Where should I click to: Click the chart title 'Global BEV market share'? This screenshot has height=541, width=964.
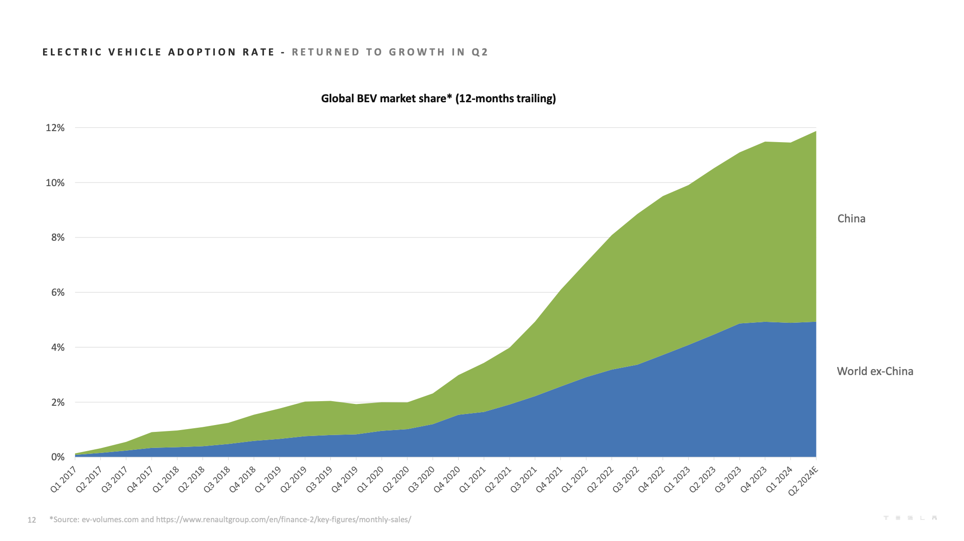tap(438, 99)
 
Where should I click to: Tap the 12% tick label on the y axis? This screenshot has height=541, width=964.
tap(55, 128)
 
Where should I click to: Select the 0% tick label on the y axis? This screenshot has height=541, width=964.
tap(57, 457)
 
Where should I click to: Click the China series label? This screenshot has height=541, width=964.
tap(851, 219)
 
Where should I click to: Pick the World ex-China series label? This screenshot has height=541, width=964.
tap(875, 371)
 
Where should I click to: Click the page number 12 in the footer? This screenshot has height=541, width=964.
tap(32, 520)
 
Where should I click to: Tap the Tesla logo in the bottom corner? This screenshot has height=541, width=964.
tap(909, 518)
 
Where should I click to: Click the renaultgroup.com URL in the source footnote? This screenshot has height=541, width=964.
tap(283, 519)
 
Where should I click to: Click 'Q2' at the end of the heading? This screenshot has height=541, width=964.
tap(480, 52)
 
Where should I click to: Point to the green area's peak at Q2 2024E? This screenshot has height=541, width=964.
tap(816, 132)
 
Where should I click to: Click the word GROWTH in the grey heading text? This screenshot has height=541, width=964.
tap(417, 52)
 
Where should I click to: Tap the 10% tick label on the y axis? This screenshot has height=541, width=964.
tap(55, 183)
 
